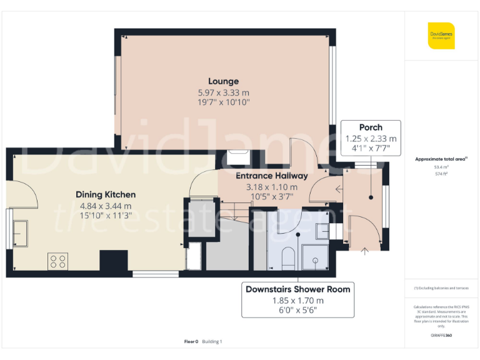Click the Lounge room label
223,81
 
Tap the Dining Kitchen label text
106,194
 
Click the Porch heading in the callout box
371,127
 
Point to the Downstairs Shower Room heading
297,289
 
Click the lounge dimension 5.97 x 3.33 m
223,92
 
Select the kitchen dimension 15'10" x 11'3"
106,216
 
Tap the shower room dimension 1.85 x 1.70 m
297,300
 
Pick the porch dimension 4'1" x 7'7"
371,149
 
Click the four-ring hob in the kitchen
57,261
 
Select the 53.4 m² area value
441,167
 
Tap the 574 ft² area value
441,174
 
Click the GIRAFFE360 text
441,336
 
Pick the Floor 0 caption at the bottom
191,342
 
